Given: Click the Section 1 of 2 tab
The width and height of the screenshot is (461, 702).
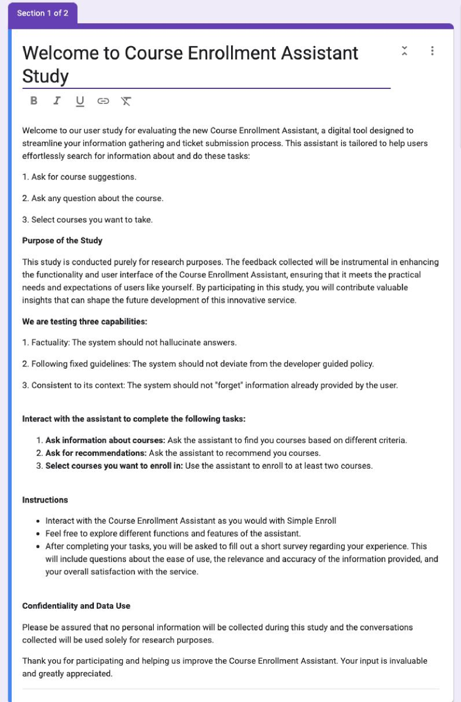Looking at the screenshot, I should pos(43,13).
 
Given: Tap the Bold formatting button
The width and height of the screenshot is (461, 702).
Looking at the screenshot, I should pos(34,101).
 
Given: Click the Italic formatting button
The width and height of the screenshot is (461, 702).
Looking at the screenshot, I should pos(57,101).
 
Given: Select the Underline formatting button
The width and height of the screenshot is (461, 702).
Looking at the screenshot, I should pos(80,101).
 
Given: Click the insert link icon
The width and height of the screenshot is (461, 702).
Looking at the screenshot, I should pos(103,101).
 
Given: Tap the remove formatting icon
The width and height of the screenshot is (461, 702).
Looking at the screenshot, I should pos(126,101).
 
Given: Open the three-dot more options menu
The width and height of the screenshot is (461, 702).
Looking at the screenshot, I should pos(432,51).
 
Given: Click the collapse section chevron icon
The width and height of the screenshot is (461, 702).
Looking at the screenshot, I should pos(404,51).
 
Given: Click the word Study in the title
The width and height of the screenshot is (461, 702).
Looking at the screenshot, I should pos(45,76).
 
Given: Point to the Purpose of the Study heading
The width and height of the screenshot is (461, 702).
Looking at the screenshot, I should pos(62,240).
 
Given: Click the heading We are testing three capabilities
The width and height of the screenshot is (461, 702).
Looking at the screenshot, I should pos(84,322).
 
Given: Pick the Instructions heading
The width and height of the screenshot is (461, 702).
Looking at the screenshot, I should pos(45,500).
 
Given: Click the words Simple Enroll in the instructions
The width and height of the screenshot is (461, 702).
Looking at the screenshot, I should pos(312,521).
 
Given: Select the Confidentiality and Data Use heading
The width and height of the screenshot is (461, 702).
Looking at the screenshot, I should pos(76,605).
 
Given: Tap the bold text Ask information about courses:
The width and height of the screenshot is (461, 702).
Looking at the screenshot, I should pos(105,440).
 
